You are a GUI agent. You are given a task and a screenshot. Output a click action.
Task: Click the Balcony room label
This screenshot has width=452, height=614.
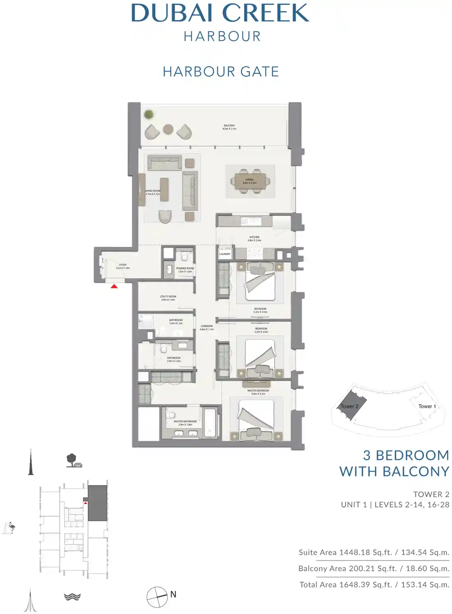coord(229,127)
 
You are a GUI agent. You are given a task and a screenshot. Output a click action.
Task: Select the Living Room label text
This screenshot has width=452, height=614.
coord(152,192)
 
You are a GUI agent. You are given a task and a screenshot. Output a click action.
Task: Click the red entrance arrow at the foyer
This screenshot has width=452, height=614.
coord(114,286)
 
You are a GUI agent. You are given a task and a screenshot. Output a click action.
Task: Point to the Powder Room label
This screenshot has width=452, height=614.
coord(185,270)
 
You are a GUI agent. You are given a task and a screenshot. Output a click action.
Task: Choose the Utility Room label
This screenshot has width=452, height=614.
coord(168,298)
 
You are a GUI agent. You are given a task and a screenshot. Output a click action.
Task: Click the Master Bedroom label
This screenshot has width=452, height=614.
coord(258,392)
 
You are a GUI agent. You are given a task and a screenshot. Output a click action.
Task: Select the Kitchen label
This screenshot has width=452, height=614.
coord(254,239)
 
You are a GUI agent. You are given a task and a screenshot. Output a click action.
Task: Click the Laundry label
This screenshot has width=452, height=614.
coord(225,254)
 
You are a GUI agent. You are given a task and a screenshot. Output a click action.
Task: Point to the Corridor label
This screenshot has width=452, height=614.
coord(207,328)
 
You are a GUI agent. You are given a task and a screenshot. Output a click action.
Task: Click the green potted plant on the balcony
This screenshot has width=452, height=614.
coord(149,114)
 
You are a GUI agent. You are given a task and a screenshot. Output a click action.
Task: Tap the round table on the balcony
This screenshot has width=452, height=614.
coord(168,129)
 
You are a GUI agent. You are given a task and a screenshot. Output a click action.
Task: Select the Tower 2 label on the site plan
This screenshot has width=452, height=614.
coord(349,407)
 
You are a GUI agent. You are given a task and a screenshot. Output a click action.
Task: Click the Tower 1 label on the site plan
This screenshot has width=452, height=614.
coord(427,406)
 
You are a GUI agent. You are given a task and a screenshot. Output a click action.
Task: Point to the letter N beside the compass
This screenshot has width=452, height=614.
coord(173,594)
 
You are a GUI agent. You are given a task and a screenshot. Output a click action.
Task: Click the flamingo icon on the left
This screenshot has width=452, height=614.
coord(9,528)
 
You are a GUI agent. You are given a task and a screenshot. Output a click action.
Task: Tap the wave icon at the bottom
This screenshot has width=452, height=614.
coord(72,597)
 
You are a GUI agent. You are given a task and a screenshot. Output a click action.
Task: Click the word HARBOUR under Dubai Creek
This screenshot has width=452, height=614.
coord(222,37)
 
